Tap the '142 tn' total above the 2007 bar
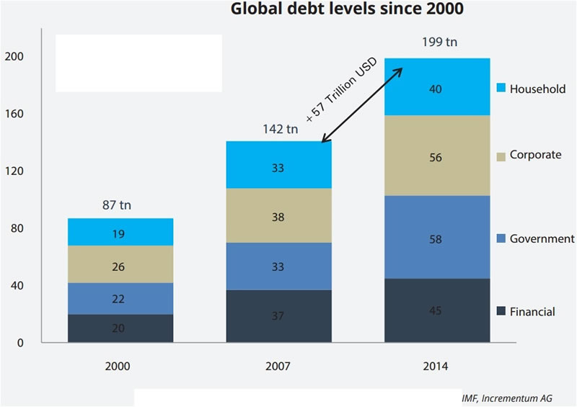coord(279,130)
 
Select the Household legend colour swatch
coord(501,89)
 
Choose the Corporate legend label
coord(535,155)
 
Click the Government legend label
coord(541,238)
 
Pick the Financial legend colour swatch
coord(501,312)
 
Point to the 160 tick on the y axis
coord(14,114)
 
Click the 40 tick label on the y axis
coord(17,285)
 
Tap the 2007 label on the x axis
coord(278,367)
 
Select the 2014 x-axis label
coord(435,367)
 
